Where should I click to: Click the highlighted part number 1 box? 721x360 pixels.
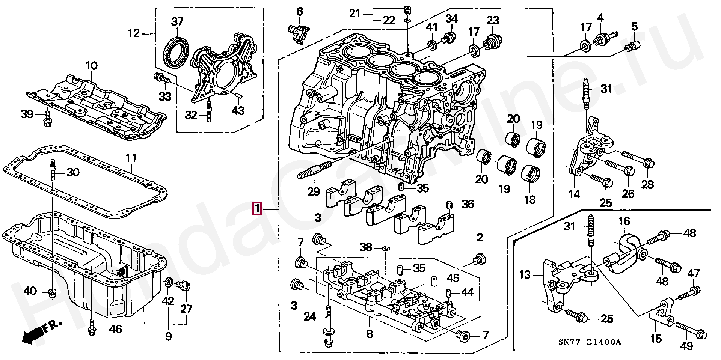tap(257, 209)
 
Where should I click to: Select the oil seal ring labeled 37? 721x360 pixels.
tap(176, 52)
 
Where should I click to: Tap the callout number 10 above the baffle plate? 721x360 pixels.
tap(91, 66)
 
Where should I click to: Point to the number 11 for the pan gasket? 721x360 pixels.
tap(131, 158)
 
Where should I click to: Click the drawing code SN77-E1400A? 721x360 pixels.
tap(589, 342)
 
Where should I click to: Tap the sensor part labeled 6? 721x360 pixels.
tap(299, 33)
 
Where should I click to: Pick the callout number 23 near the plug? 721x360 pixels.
tap(493, 20)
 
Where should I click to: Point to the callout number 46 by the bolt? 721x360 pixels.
tap(115, 329)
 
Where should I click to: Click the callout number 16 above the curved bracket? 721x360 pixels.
tap(624, 221)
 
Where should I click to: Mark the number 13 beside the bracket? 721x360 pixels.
tap(525, 275)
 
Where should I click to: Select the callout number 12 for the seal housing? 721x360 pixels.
tap(134, 33)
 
